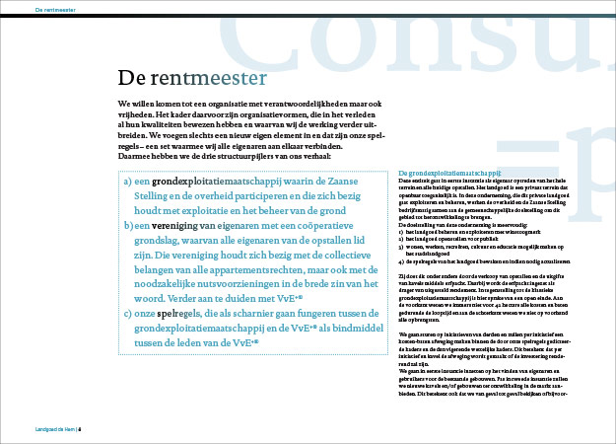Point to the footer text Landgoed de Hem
[x=52, y=429]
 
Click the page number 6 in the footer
[x=80, y=429]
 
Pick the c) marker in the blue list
[x=129, y=311]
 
